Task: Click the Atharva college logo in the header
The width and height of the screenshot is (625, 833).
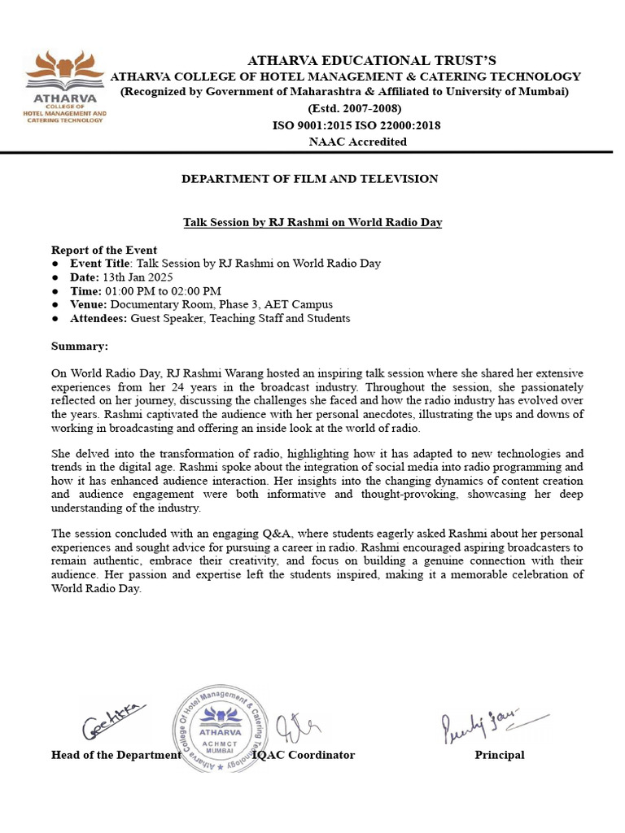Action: (66, 86)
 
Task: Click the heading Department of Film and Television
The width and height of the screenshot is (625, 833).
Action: (309, 179)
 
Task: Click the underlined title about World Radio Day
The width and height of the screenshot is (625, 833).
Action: (312, 222)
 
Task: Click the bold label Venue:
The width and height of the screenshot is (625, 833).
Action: (90, 305)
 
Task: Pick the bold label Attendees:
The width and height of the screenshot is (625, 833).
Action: (98, 319)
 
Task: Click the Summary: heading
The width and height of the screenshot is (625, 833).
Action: (80, 347)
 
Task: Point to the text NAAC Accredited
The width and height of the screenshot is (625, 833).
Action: (357, 142)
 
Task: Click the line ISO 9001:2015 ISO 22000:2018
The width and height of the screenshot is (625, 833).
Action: (356, 125)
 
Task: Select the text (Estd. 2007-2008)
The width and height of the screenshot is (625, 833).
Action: (354, 109)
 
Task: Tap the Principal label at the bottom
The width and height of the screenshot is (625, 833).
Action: (500, 755)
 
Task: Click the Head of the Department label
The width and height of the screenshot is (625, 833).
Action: (116, 755)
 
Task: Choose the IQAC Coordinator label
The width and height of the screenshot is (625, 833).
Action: (305, 755)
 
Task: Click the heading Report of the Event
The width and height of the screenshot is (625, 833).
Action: (104, 250)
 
